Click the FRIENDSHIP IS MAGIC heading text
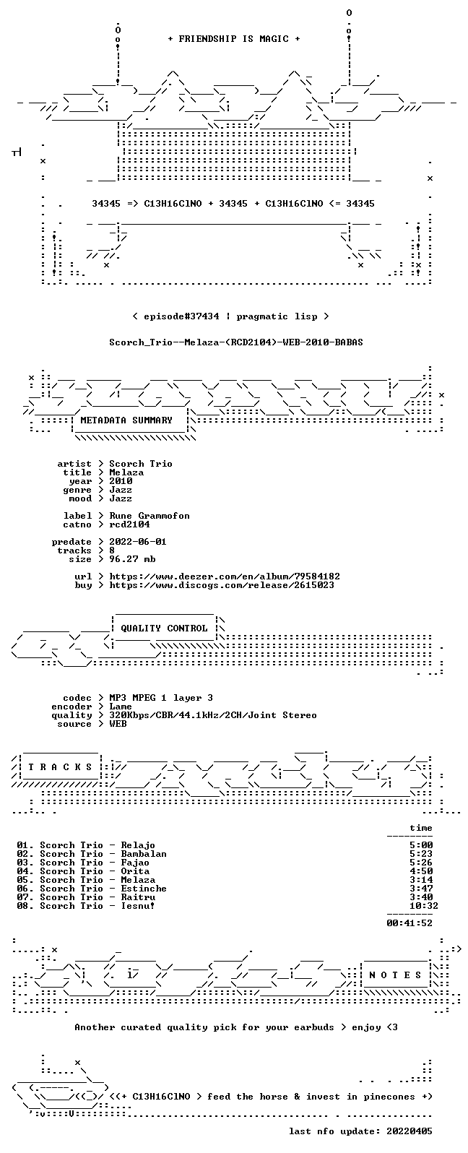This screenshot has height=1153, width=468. pyautogui.click(x=234, y=39)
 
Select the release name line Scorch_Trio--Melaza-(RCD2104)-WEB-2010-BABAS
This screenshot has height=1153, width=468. pyautogui.click(x=235, y=342)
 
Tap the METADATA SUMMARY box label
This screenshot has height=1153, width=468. pyautogui.click(x=126, y=420)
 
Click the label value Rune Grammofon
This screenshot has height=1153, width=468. pyautogui.click(x=149, y=516)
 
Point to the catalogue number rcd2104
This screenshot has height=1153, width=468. pyautogui.click(x=129, y=524)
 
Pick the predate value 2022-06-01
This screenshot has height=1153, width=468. pyautogui.click(x=138, y=542)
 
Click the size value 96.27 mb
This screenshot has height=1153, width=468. pyautogui.click(x=132, y=559)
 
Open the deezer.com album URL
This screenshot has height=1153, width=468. pyautogui.click(x=225, y=576)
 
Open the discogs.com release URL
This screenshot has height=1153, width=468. pyautogui.click(x=222, y=585)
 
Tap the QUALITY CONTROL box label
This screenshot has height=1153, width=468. pyautogui.click(x=164, y=629)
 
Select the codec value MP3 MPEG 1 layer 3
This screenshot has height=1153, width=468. pyautogui.click(x=161, y=698)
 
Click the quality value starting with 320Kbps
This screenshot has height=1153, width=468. pyautogui.click(x=212, y=715)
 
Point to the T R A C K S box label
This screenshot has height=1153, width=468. pyautogui.click(x=60, y=767)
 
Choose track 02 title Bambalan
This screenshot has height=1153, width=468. pyautogui.click(x=144, y=854)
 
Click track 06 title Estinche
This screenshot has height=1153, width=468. pyautogui.click(x=144, y=889)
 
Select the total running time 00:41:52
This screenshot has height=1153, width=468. pyautogui.click(x=409, y=923)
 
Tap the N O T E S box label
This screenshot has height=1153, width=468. pyautogui.click(x=395, y=975)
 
